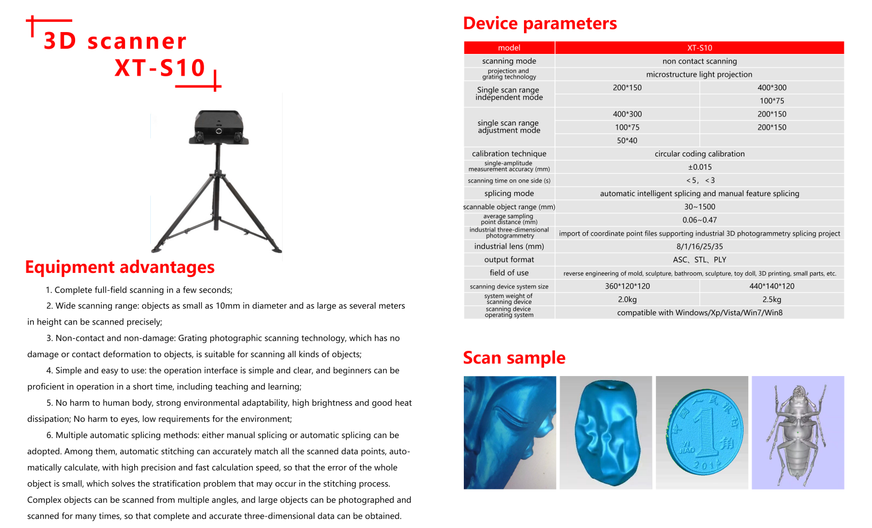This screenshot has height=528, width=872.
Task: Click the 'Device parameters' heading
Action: pyautogui.click(x=539, y=24)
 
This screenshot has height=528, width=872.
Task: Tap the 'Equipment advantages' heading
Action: pyautogui.click(x=119, y=267)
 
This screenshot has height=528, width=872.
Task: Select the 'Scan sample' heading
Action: pyautogui.click(x=514, y=358)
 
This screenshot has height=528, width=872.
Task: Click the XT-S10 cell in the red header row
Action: pyautogui.click(x=699, y=48)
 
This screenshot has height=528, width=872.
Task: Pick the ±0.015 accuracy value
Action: pyautogui.click(x=699, y=167)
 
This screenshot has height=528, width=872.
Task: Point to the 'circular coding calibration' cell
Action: pyautogui.click(x=699, y=154)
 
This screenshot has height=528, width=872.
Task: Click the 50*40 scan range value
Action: pyautogui.click(x=627, y=140)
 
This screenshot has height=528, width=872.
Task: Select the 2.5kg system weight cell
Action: pyautogui.click(x=772, y=299)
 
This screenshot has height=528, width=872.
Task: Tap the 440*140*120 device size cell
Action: pyautogui.click(x=772, y=286)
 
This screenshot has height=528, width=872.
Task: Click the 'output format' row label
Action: pyautogui.click(x=509, y=260)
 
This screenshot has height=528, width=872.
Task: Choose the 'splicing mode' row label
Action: pyautogui.click(x=509, y=194)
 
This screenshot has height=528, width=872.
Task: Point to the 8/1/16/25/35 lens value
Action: pyautogui.click(x=699, y=247)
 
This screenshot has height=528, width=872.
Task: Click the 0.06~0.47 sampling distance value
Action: pyautogui.click(x=699, y=220)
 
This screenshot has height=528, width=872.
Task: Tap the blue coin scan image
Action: pyautogui.click(x=702, y=432)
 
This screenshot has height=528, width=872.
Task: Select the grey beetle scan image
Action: pyautogui.click(x=797, y=432)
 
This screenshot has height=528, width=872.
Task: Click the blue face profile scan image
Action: pyautogui.click(x=510, y=432)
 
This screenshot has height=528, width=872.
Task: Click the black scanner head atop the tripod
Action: pyautogui.click(x=218, y=126)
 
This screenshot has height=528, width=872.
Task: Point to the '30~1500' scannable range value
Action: pyautogui.click(x=699, y=207)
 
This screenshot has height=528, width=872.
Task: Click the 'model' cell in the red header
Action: pyautogui.click(x=509, y=48)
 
